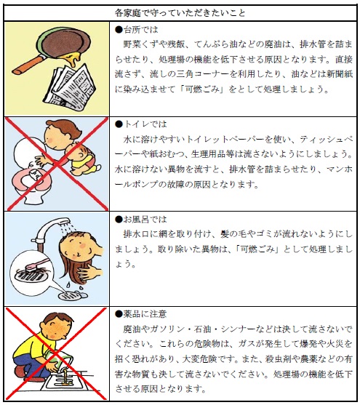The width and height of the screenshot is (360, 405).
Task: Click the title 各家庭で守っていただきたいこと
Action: [x=180, y=13]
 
